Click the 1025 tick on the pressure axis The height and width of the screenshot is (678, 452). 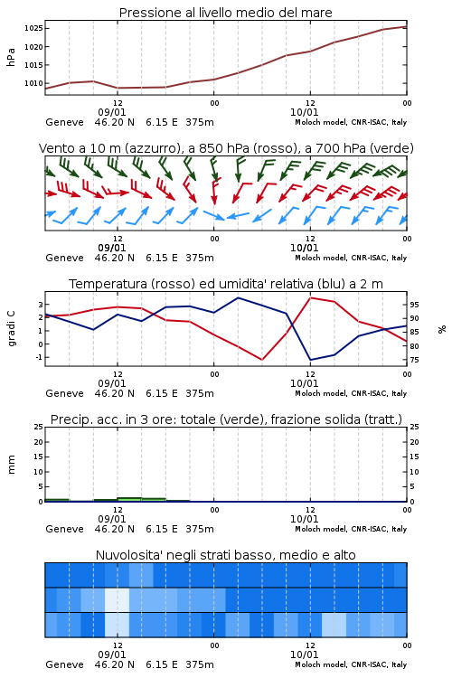tap(33, 29)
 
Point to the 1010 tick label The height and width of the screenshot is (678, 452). tap(33, 83)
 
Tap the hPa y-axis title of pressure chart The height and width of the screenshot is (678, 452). tap(11, 57)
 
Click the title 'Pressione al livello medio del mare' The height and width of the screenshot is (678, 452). tap(226, 13)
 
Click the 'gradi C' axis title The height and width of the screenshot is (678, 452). tap(11, 329)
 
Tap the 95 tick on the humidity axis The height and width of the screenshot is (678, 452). tap(414, 305)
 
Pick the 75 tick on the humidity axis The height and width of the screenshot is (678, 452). tap(414, 360)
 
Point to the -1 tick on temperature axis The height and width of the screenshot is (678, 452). tap(39, 357)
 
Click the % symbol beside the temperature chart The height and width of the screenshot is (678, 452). tap(442, 329)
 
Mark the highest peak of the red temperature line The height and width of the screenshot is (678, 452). tap(310, 297)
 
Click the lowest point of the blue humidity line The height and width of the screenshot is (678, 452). tap(310, 360)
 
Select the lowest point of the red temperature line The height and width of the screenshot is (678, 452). tap(262, 360)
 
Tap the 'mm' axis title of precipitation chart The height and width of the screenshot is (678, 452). tap(11, 465)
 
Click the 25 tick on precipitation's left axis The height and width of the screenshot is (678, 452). tap(39, 427)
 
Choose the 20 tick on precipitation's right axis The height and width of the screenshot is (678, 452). tap(414, 442)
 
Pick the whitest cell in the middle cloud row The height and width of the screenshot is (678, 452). tap(118, 599)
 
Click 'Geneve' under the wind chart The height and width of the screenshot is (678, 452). tap(64, 259)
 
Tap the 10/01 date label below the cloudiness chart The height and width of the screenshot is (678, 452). tap(304, 654)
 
